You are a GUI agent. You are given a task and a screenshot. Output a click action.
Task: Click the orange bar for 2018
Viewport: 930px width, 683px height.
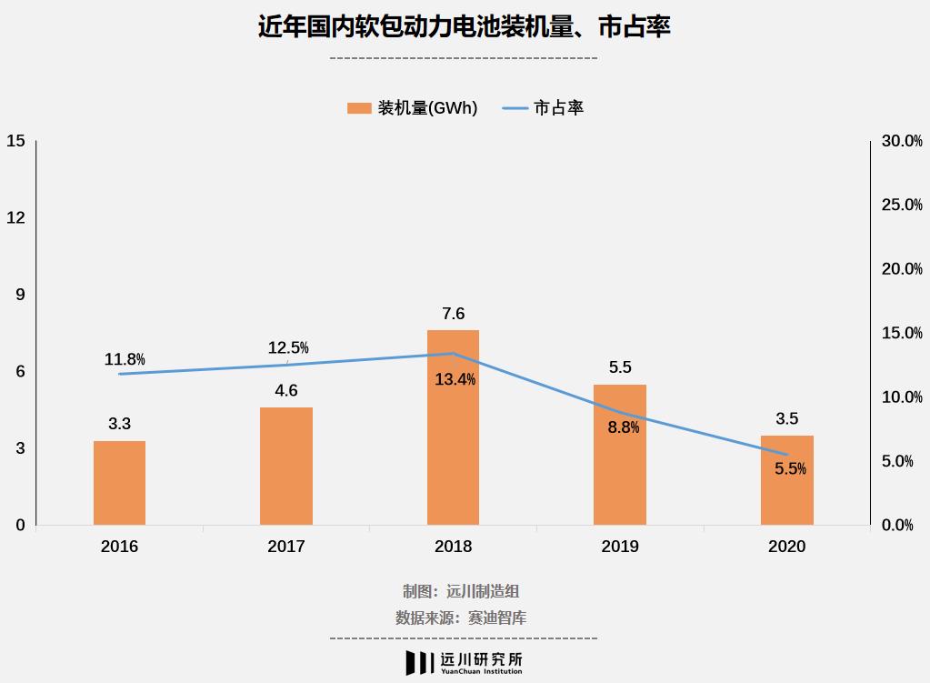[x=453, y=427]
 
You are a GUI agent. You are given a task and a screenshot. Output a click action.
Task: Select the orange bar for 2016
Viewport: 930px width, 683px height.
[x=119, y=483]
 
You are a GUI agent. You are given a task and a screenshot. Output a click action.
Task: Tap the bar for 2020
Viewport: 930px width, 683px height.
[x=786, y=480]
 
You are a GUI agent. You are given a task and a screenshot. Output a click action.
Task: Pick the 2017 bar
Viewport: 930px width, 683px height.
[x=286, y=466]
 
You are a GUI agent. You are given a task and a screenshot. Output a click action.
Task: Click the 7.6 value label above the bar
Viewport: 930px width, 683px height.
[x=453, y=315]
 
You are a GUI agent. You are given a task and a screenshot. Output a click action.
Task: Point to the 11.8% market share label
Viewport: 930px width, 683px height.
[x=125, y=358]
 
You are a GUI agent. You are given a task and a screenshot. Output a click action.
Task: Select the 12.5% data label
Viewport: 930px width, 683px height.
[x=288, y=347]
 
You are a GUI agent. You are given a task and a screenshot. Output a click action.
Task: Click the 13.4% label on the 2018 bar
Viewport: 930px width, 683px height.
[x=455, y=379]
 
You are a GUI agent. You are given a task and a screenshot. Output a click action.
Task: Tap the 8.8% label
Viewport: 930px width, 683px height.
[x=624, y=427]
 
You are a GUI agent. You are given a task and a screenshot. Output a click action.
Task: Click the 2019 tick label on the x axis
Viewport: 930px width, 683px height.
[x=620, y=547]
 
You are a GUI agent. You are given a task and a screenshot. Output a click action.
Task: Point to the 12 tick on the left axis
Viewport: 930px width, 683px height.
[x=15, y=218]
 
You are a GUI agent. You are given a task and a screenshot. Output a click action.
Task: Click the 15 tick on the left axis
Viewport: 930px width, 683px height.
[x=15, y=141]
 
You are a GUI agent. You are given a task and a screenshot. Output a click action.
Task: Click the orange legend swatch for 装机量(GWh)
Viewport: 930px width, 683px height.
[x=359, y=108]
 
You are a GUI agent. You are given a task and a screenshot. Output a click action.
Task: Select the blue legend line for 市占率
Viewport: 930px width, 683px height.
[x=513, y=108]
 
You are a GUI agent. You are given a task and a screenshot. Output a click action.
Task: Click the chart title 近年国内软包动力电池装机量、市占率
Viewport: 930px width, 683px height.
[x=464, y=27]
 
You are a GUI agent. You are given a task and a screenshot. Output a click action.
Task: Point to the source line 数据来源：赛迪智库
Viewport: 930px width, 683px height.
[x=461, y=618]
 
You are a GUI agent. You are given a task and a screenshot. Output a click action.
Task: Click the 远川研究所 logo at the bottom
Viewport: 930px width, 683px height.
[x=464, y=662]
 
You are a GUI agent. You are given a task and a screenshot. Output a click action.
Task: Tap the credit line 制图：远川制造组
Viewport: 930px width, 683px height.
[x=461, y=591]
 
